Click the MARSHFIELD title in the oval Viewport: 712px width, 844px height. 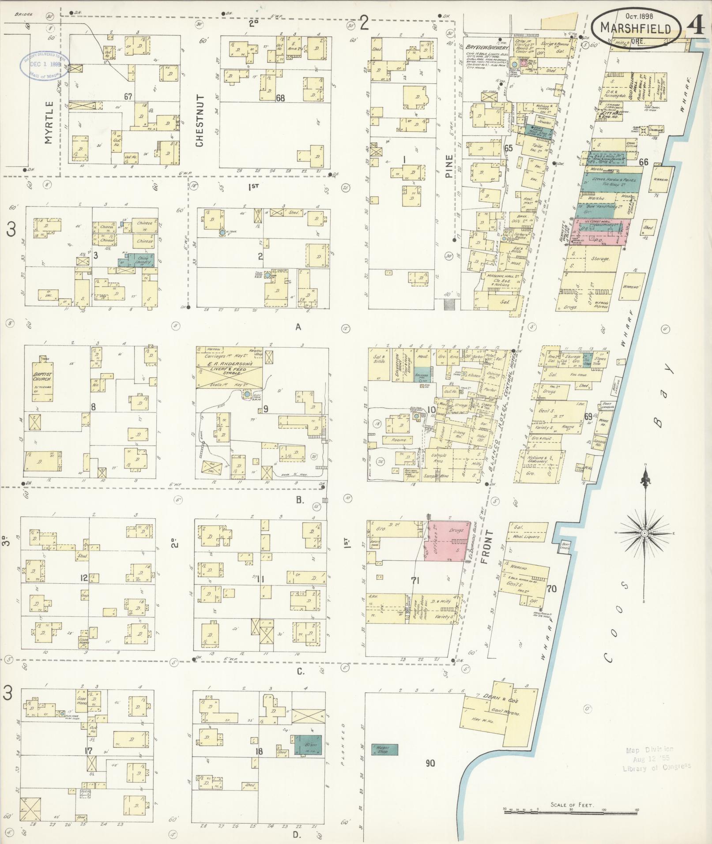pos(636,29)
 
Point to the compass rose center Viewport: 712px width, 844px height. pos(644,533)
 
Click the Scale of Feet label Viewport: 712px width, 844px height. pos(572,804)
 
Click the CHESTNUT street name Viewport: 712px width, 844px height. pos(200,120)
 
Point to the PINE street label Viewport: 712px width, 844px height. pos(449,166)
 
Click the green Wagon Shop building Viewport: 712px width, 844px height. pos(384,749)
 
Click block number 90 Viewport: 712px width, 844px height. pos(430,762)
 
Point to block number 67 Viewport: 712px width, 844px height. pos(128,96)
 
